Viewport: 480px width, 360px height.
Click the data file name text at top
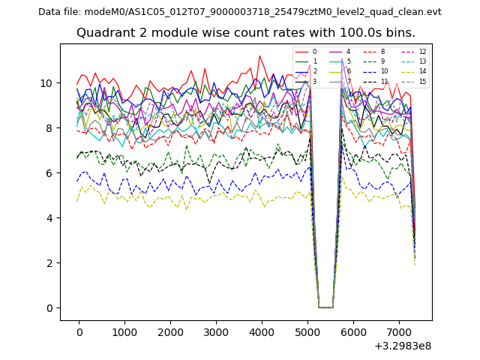240,11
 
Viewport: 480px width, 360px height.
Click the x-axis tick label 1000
124,332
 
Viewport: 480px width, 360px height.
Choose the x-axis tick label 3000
216,332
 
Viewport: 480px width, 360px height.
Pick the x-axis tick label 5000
307,332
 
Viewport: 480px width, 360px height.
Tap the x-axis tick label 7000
399,332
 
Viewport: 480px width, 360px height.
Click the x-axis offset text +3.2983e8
403,346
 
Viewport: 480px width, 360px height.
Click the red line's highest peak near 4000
259,55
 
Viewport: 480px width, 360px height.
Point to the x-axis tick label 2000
170,332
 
